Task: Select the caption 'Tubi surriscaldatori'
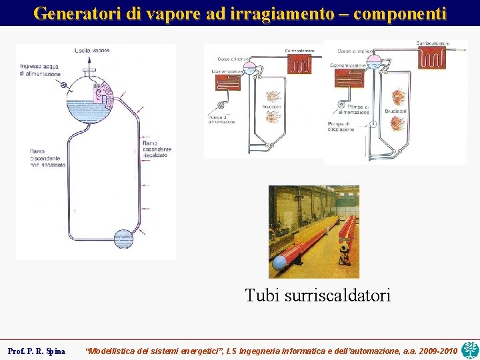coord(317,295)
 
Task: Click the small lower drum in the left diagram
coord(124,239)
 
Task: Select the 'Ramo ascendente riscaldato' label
coord(157,150)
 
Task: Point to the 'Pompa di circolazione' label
coord(341,127)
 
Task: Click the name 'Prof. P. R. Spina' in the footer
coord(36,351)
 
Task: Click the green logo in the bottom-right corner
coord(470,349)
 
